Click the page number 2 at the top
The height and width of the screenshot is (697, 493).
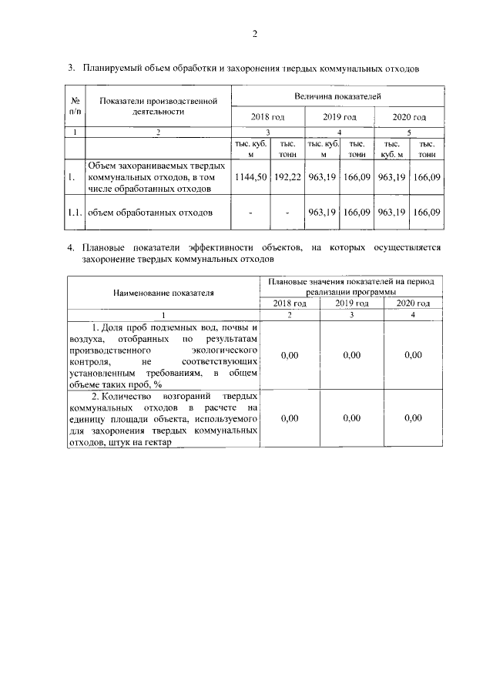point(253,33)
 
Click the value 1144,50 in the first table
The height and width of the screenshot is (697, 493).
point(250,177)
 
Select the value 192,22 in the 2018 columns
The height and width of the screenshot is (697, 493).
point(287,177)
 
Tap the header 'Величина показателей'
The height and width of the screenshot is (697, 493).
point(337,95)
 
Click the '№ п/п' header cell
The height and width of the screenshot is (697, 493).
point(75,106)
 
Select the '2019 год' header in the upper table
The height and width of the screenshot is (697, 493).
point(339,117)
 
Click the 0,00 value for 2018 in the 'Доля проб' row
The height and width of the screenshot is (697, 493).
point(290,355)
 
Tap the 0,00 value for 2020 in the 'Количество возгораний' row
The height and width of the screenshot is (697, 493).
point(413,418)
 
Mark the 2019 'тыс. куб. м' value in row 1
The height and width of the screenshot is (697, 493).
point(322,177)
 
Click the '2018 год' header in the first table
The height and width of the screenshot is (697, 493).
point(268,117)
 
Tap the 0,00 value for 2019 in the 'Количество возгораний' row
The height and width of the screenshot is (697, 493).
point(351,418)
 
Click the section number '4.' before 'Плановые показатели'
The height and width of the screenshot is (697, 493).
point(70,249)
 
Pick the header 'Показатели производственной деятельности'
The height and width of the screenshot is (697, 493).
point(158,106)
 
